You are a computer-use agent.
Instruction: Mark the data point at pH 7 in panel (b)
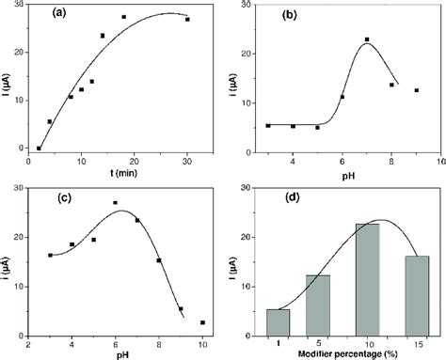(367, 39)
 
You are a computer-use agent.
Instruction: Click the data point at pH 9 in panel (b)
(416, 90)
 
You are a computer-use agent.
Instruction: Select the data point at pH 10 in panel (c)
(202, 322)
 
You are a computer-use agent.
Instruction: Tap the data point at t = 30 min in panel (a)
(187, 20)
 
